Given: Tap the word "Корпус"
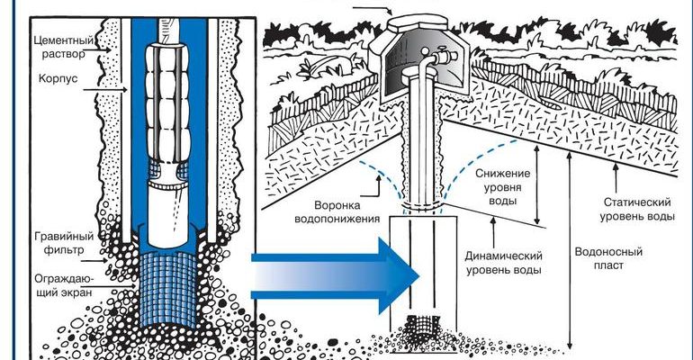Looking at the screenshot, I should click(55, 78).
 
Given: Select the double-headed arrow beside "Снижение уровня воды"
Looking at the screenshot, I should click(536, 184).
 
